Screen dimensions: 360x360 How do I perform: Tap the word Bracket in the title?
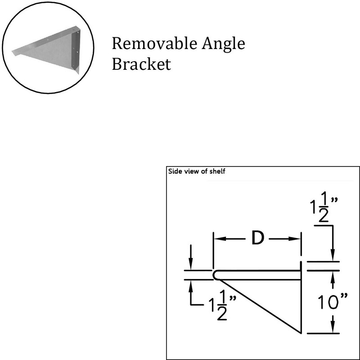pos(141,64)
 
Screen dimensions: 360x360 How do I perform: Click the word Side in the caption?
pos(174,171)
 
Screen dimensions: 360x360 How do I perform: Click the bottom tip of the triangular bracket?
pos(300,333)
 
